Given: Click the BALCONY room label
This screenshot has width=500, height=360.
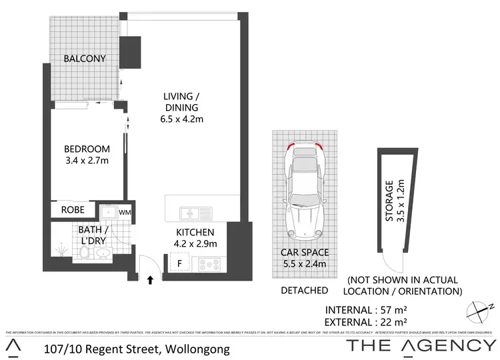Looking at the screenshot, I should click(x=85, y=59).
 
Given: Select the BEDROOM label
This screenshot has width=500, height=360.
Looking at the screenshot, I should click(x=87, y=149).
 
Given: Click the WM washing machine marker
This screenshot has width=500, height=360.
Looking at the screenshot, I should click(x=125, y=212).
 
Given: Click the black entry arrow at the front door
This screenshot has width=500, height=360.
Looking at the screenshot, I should click(x=151, y=280).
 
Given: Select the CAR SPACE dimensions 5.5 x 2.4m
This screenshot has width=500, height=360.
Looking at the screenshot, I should click(x=304, y=263).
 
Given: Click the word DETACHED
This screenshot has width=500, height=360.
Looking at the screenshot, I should click(x=304, y=290).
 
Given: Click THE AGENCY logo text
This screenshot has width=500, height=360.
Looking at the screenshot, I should click(x=421, y=345).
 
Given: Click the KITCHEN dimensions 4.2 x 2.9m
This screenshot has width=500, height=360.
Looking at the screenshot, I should click(x=196, y=244).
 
